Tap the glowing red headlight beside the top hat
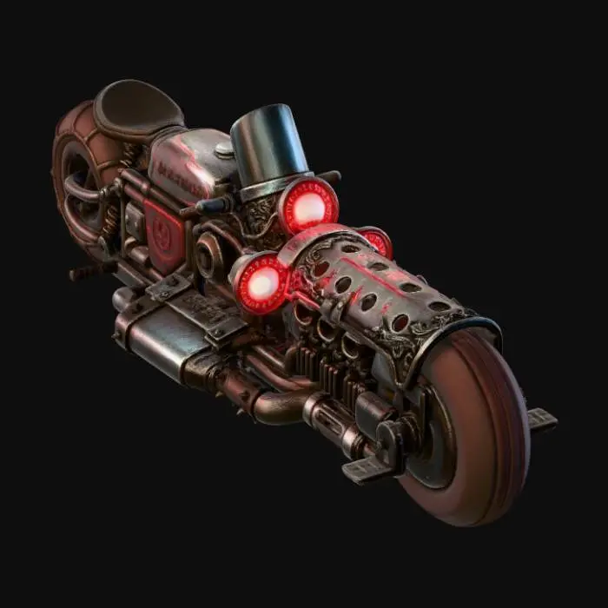(308, 207)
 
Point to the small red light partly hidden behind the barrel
(377, 241)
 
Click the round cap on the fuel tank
(225, 149)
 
